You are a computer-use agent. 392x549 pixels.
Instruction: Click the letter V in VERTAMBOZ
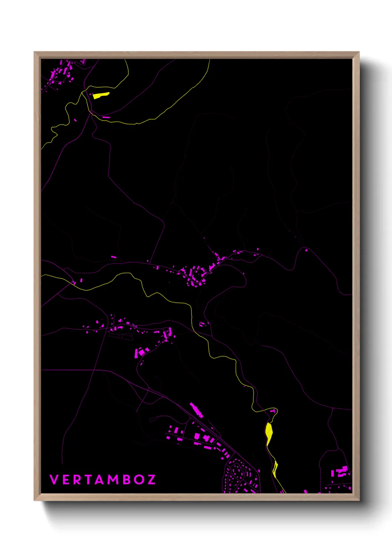click(x=54, y=480)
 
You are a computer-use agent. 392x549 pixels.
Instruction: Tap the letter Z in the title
click(x=151, y=480)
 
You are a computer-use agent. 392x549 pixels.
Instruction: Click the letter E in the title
click(x=66, y=480)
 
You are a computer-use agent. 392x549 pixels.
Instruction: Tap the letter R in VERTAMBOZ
click(x=76, y=480)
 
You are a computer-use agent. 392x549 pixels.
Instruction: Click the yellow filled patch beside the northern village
click(x=100, y=95)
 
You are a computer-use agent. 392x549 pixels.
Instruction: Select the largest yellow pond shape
click(x=269, y=433)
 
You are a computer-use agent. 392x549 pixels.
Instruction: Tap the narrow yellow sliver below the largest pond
click(x=275, y=469)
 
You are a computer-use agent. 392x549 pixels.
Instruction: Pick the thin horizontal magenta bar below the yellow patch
click(x=106, y=117)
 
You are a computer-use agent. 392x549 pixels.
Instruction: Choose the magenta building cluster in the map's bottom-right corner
click(x=341, y=473)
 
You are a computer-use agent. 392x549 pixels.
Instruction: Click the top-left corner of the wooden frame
click(x=34, y=52)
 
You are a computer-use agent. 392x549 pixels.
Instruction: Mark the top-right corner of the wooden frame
click(x=359, y=52)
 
